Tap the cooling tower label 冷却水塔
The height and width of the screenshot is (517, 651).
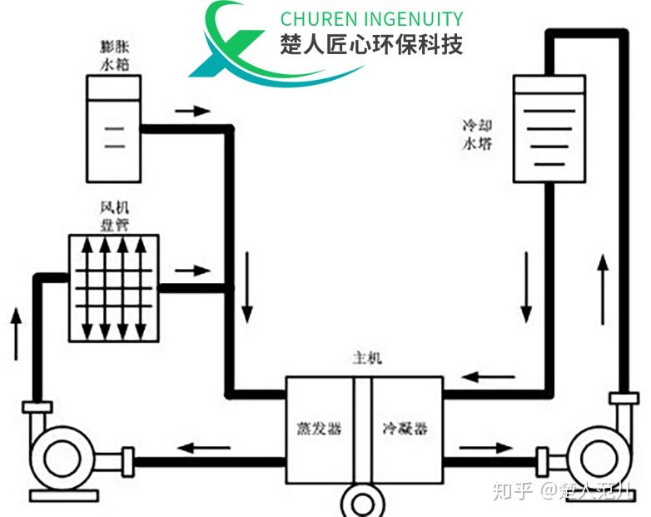tap(478, 134)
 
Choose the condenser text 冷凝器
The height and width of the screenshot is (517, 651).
tap(405, 430)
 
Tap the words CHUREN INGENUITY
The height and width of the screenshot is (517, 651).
tap(371, 18)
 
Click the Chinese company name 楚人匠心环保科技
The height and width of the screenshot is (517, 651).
tap(371, 44)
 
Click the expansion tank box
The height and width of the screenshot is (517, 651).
tap(113, 128)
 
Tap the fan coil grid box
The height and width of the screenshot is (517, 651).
tap(113, 287)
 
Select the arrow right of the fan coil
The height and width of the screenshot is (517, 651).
tap(192, 271)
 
